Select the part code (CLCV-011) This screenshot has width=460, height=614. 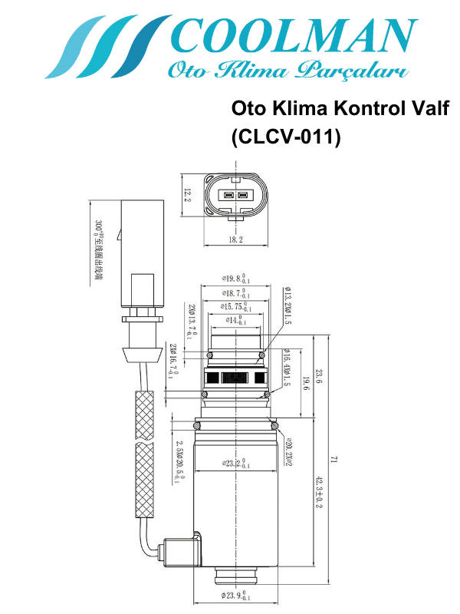tap(285, 137)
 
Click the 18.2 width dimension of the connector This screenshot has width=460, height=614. tap(235, 239)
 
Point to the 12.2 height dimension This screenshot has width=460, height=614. tap(187, 196)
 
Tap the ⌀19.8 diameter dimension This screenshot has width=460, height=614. tap(235, 278)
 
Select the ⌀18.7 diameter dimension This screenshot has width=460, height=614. tap(235, 293)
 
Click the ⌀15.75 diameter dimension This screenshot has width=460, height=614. tap(235, 307)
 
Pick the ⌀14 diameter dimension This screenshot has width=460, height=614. tap(235, 320)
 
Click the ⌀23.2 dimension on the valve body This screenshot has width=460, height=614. tap(235, 464)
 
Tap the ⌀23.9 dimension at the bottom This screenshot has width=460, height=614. tap(235, 596)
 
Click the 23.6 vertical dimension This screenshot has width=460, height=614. tap(318, 376)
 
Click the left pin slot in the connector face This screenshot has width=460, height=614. tap(228, 195)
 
